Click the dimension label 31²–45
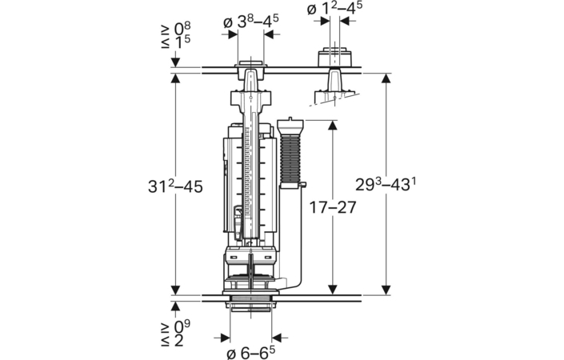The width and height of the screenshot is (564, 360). pyautogui.click(x=175, y=186)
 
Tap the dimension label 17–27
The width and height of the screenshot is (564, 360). pyautogui.click(x=333, y=207)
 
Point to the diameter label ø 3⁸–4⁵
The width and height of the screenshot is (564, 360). pyautogui.click(x=250, y=22)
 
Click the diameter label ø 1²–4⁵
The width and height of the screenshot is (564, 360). pyautogui.click(x=334, y=8)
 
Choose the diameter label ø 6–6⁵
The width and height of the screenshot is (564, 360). pyautogui.click(x=251, y=352)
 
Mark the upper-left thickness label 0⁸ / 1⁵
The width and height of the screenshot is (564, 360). pyautogui.click(x=177, y=35)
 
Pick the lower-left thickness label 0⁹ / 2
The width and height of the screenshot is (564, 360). pyautogui.click(x=176, y=333)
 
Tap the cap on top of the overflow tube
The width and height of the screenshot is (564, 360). pyautogui.click(x=290, y=126)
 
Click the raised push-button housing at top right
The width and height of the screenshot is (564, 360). pyautogui.click(x=334, y=56)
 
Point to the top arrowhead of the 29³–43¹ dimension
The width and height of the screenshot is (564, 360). pyautogui.click(x=386, y=78)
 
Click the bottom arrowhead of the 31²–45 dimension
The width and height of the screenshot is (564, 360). pyautogui.click(x=175, y=290)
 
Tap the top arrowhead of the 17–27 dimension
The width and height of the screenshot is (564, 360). pyautogui.click(x=333, y=126)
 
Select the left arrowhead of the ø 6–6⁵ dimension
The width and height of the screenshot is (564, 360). pyautogui.click(x=225, y=338)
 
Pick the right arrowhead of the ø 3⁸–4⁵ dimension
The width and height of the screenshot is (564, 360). pyautogui.click(x=269, y=34)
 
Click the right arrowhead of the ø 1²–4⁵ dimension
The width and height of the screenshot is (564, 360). pyautogui.click(x=346, y=22)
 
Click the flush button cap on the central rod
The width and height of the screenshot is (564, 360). pyautogui.click(x=250, y=64)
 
